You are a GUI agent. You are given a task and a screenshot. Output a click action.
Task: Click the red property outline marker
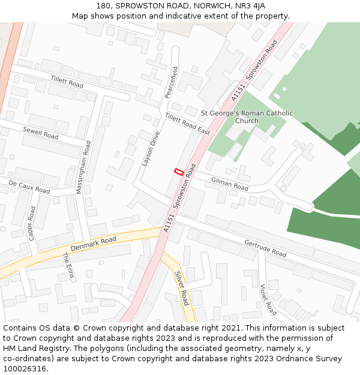click(x=178, y=172)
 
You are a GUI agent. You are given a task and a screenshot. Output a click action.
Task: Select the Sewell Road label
click(x=41, y=133)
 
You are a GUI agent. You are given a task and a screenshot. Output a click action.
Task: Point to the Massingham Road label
click(x=84, y=167)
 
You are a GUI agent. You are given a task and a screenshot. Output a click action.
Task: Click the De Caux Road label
click(x=29, y=186)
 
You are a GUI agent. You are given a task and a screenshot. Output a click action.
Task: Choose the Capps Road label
click(x=32, y=223)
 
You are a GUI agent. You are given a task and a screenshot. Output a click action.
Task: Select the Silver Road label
click(x=182, y=288)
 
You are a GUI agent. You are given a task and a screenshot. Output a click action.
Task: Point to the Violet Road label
click(x=268, y=300)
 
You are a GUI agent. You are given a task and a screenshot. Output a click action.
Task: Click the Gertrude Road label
click(x=265, y=248)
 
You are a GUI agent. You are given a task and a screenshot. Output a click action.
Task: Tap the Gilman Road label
click(x=229, y=184)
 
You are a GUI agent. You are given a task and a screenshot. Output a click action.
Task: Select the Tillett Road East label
click(x=187, y=124)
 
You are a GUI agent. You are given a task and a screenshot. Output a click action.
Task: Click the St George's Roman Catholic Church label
click(x=247, y=116)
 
